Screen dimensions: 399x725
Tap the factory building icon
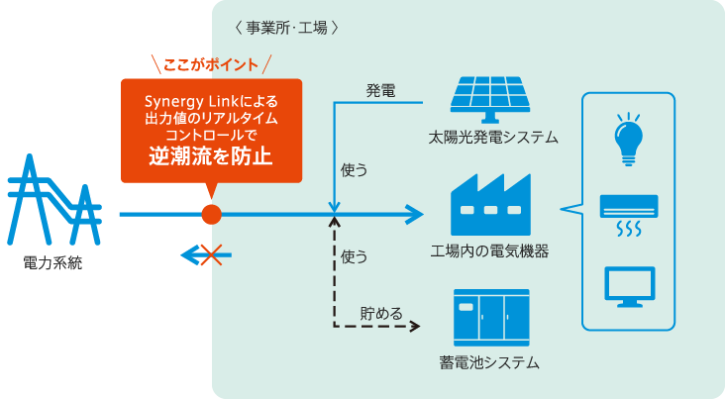point(490,205)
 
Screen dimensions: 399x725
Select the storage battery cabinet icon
point(490,316)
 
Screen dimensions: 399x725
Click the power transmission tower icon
point(53,204)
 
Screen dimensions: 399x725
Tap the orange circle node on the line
point(210,213)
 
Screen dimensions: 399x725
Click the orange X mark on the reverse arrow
point(208,254)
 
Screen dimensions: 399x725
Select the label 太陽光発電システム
point(492,137)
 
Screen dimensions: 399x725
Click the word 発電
point(381,91)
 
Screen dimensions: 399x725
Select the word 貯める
point(381,314)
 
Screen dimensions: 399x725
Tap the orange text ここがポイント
point(211,64)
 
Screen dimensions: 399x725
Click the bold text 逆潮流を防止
point(211,156)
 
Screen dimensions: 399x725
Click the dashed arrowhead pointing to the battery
point(416,327)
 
